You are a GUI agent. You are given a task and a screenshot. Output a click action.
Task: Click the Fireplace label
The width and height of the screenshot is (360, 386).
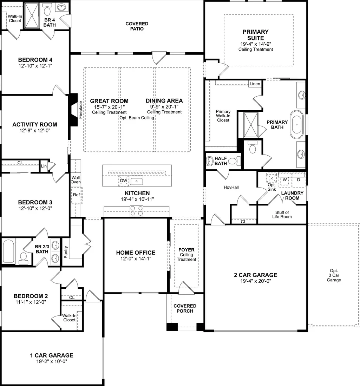tap(80, 110)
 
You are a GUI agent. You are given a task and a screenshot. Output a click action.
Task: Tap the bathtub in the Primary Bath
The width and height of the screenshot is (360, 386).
tap(296, 125)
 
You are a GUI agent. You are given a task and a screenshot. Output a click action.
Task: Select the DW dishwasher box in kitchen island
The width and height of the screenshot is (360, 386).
tap(123, 181)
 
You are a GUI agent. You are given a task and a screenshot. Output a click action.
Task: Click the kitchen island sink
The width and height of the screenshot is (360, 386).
tap(137, 181)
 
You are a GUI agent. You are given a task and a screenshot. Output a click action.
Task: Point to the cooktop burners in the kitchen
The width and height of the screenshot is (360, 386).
tap(137, 211)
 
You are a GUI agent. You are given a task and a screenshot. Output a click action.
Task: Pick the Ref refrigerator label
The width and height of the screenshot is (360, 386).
tap(76, 195)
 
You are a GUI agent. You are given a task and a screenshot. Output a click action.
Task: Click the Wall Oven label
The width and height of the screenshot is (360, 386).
tap(76, 180)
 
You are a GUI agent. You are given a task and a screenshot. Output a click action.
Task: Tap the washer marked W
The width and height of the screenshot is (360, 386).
tap(284, 180)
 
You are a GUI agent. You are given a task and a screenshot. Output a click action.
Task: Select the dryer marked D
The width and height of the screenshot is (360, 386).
tap(299, 180)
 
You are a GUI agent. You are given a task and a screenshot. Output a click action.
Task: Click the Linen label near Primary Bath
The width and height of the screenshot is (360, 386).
tap(255, 84)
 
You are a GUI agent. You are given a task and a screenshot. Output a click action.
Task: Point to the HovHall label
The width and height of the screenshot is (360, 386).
tap(231, 187)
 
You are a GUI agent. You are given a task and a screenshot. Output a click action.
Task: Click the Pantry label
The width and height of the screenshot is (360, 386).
tap(66, 252)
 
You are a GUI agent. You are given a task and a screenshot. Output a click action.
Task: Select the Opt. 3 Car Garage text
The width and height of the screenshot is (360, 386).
tap(334, 275)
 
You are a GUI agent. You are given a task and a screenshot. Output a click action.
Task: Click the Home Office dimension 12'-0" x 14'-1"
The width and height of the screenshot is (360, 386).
tap(136, 259)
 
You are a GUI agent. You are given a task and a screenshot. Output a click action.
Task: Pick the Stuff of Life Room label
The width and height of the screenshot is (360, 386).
tap(282, 214)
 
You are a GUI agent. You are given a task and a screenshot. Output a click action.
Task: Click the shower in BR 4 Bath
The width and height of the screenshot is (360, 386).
tap(32, 16)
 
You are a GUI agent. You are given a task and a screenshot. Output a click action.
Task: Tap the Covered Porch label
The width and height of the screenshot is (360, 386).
tap(185, 308)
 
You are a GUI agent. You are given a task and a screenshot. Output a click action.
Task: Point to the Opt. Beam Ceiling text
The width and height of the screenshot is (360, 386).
tap(137, 118)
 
